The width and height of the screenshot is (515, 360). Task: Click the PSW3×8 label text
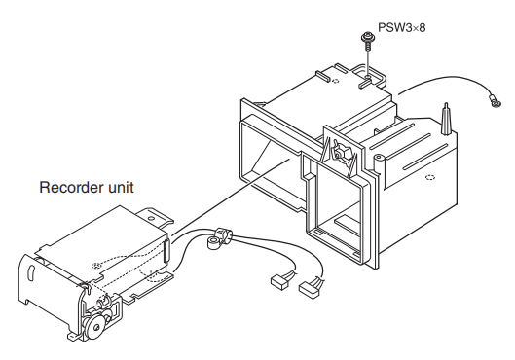(x=401, y=27)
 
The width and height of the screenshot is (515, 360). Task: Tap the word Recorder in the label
(x=71, y=188)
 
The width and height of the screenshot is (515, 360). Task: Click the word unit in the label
(x=121, y=188)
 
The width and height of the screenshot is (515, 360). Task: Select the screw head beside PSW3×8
(x=366, y=36)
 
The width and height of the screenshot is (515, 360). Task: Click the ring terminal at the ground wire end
(x=495, y=101)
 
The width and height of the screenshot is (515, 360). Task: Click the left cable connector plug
(x=279, y=282)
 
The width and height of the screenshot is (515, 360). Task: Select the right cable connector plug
(x=309, y=289)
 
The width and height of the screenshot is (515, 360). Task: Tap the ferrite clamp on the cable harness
(x=218, y=238)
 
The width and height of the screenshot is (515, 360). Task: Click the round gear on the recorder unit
(x=96, y=326)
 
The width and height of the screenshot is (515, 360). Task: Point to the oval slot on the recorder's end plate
(x=32, y=270)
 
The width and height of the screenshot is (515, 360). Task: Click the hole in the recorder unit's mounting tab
(x=151, y=218)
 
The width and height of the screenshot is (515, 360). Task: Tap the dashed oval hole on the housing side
(x=430, y=177)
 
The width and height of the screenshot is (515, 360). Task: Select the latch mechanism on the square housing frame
(x=341, y=152)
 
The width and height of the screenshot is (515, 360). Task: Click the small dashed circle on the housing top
(x=335, y=81)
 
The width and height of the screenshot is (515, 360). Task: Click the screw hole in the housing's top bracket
(x=368, y=78)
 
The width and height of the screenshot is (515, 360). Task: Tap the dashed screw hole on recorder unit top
(x=96, y=266)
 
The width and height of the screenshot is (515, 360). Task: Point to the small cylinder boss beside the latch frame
(x=379, y=160)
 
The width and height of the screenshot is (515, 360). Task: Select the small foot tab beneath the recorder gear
(x=73, y=337)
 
